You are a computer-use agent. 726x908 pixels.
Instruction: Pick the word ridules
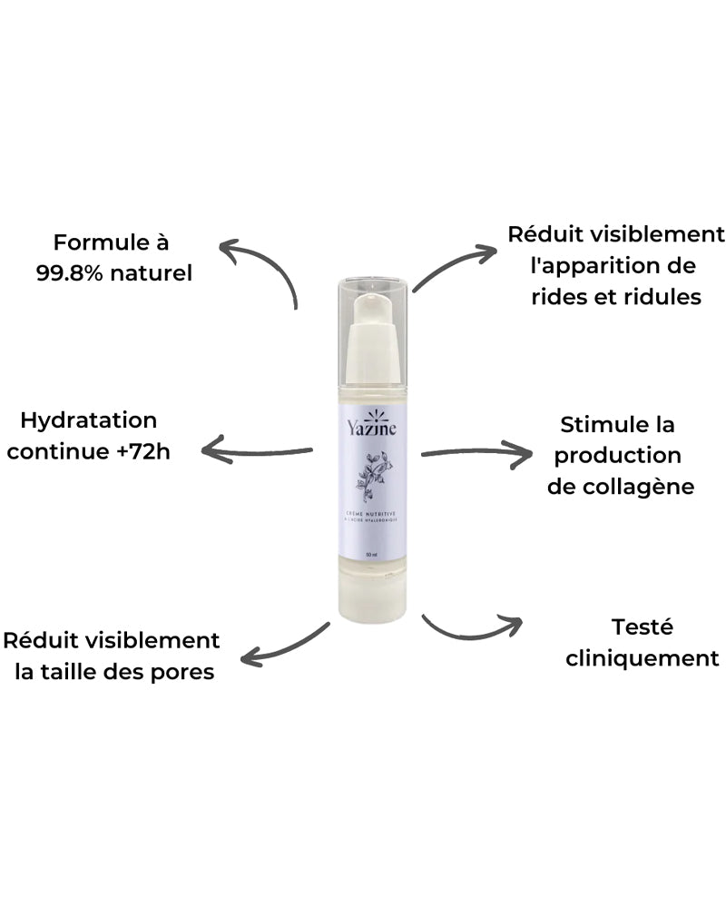tap(660, 297)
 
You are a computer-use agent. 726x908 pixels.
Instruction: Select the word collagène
tap(644, 487)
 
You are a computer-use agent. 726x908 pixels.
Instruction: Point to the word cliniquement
tap(642, 657)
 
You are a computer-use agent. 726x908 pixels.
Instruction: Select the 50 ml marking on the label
tap(369, 553)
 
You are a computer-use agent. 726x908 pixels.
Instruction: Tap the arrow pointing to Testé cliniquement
tap(472, 628)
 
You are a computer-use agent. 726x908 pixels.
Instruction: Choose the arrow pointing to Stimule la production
tap(476, 452)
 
